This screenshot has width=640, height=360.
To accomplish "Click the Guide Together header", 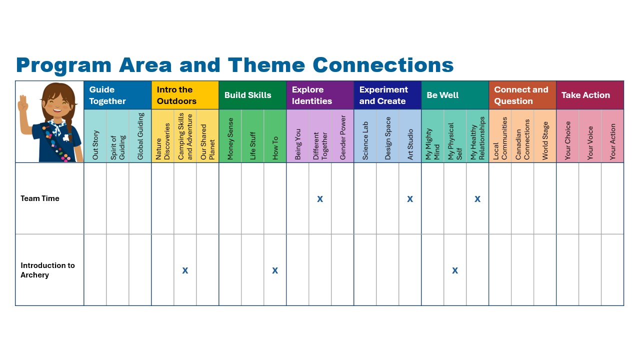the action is pos(107,95).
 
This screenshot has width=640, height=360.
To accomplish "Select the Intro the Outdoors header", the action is pos(176,95).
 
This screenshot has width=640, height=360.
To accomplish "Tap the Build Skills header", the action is pos(247,95).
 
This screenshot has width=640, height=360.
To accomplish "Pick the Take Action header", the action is pos(585,95).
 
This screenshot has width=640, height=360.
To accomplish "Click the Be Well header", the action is pos(442,95).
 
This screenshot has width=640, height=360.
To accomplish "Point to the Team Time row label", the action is pos(39,198).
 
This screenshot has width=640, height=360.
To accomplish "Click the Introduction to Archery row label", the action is pos(47,270).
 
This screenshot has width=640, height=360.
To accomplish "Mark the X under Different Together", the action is pos(320,199).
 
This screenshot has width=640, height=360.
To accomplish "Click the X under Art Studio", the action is pos(410,199).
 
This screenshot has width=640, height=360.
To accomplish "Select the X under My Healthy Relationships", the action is pos(477,199).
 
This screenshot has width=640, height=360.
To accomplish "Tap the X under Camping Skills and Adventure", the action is pos(185,270).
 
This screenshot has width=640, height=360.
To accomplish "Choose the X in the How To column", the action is pos(275,270).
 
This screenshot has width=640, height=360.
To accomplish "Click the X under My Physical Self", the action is pos(455,270).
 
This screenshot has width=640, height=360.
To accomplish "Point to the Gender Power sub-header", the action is pos(342,137).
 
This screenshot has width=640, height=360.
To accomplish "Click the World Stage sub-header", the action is pos(545,140).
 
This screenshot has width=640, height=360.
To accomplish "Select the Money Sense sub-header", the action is pos(230,138).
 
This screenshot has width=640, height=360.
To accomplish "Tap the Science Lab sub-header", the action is pos(365,140).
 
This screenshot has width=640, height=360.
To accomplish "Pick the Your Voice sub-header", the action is pos(590,143).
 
